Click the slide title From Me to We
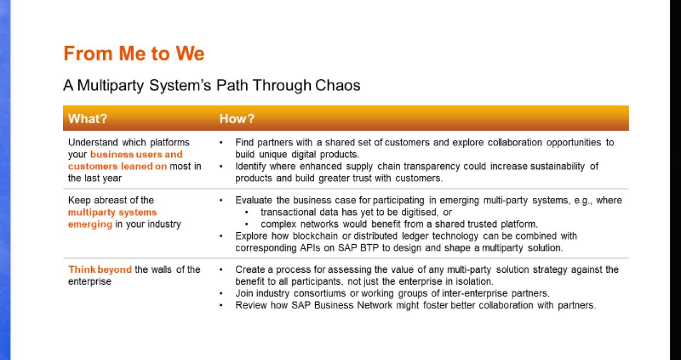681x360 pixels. point(133,54)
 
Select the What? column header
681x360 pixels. point(87,119)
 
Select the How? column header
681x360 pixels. point(237,119)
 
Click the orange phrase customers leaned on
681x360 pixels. point(117,166)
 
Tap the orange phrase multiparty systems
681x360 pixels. point(112,212)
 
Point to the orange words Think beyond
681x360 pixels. point(100,269)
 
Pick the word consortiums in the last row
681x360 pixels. point(313,294)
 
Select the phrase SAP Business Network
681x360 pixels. point(333,305)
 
